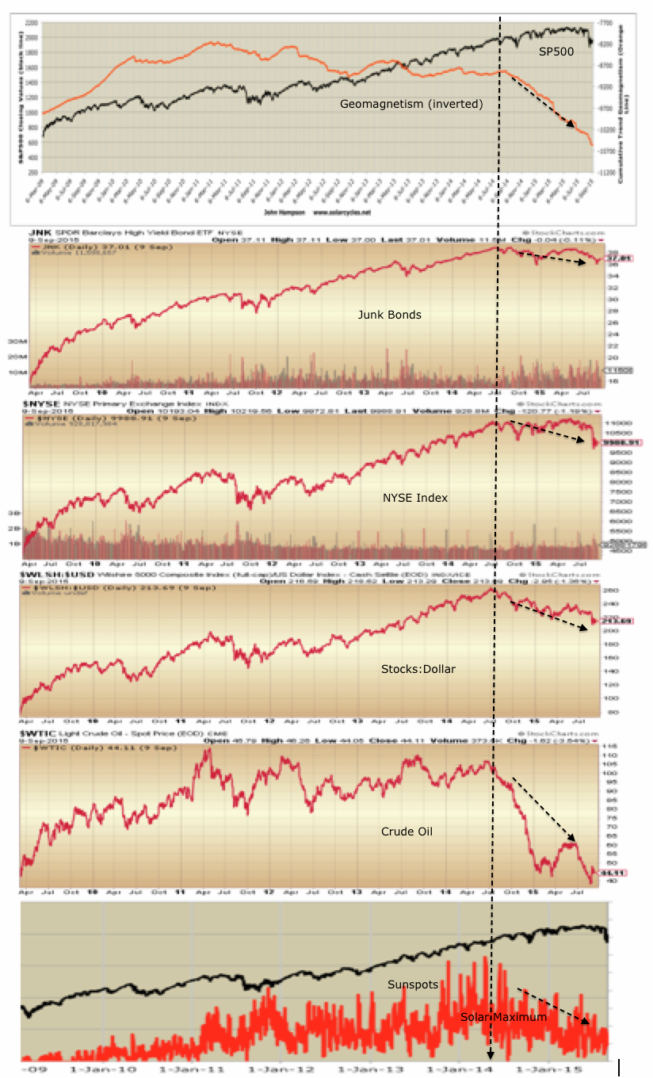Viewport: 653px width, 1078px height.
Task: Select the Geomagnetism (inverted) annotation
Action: click(x=411, y=104)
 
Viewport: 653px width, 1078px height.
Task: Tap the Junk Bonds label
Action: click(x=389, y=315)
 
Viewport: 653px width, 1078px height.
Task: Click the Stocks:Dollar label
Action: click(x=418, y=669)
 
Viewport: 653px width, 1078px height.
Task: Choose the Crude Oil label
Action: click(x=406, y=831)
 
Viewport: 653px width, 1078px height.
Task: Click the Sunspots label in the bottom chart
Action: click(x=412, y=984)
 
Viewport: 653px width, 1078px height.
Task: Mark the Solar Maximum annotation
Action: click(x=503, y=1016)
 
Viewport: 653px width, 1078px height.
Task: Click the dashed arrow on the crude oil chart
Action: click(x=544, y=808)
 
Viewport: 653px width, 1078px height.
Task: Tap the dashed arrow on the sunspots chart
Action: click(x=553, y=1005)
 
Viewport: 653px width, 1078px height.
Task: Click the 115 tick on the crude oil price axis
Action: click(x=610, y=747)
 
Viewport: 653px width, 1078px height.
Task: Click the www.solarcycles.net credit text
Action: click(x=343, y=212)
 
